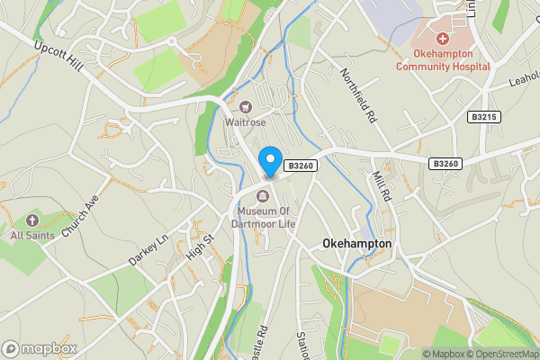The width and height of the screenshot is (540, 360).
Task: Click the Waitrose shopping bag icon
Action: [x=245, y=107]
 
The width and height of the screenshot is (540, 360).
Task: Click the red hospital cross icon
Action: [x=442, y=39]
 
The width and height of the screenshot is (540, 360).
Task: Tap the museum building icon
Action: [x=263, y=197]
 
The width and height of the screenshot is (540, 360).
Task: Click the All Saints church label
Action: [x=32, y=235]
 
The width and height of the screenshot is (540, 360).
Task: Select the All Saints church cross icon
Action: [x=32, y=220]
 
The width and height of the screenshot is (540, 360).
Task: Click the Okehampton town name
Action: [x=356, y=244]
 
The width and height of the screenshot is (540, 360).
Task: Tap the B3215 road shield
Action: [x=484, y=117]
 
